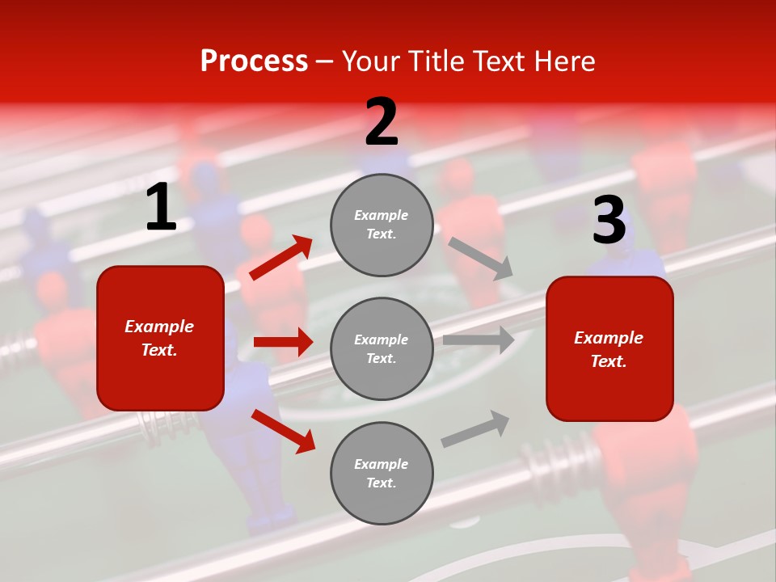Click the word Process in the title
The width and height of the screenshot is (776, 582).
point(254,61)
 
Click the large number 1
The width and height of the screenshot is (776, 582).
point(161,208)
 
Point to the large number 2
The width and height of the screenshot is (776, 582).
point(382,122)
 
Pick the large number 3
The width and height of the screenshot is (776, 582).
point(609,221)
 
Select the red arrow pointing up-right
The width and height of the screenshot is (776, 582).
point(280,258)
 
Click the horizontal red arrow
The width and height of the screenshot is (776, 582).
point(283,342)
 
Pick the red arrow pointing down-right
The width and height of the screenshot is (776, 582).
point(283,430)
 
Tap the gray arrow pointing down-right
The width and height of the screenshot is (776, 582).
point(480,258)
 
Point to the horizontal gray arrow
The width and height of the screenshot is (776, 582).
point(479,339)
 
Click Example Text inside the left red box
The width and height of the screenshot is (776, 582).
point(159,338)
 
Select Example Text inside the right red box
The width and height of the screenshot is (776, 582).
point(609,349)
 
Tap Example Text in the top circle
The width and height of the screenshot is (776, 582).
point(382,224)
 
